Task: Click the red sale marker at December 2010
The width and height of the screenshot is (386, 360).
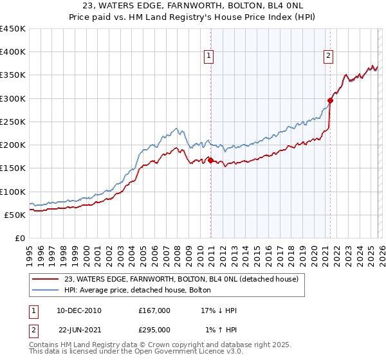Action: pos(210,160)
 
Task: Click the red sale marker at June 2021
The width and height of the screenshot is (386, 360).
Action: pos(330,100)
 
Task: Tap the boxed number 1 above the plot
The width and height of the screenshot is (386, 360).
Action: pos(210,57)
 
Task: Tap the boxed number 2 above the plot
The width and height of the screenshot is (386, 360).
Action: pos(328,57)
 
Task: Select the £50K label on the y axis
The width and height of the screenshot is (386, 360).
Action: pos(15,215)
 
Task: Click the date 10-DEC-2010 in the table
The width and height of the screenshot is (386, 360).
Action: pos(79,310)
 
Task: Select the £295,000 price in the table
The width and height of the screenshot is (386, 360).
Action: pos(154,329)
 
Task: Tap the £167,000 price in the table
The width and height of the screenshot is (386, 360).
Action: pos(154,310)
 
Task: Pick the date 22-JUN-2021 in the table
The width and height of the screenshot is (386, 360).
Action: pos(79,329)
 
